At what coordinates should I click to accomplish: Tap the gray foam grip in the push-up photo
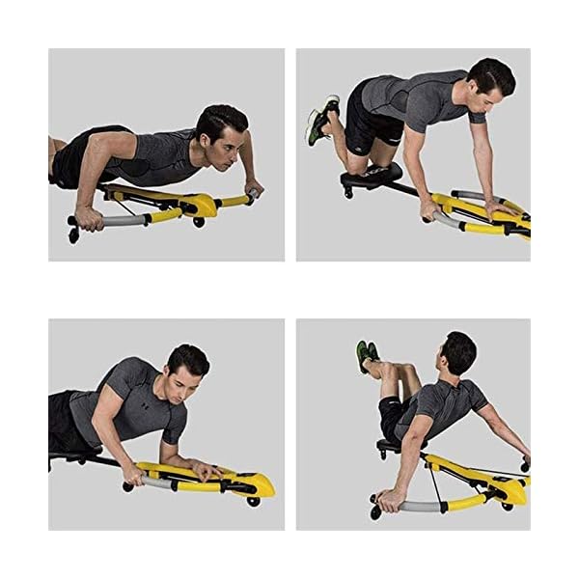[x=122, y=220]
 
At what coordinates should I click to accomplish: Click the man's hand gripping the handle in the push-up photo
[x=89, y=219]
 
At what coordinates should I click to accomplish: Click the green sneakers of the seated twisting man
[x=366, y=353]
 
